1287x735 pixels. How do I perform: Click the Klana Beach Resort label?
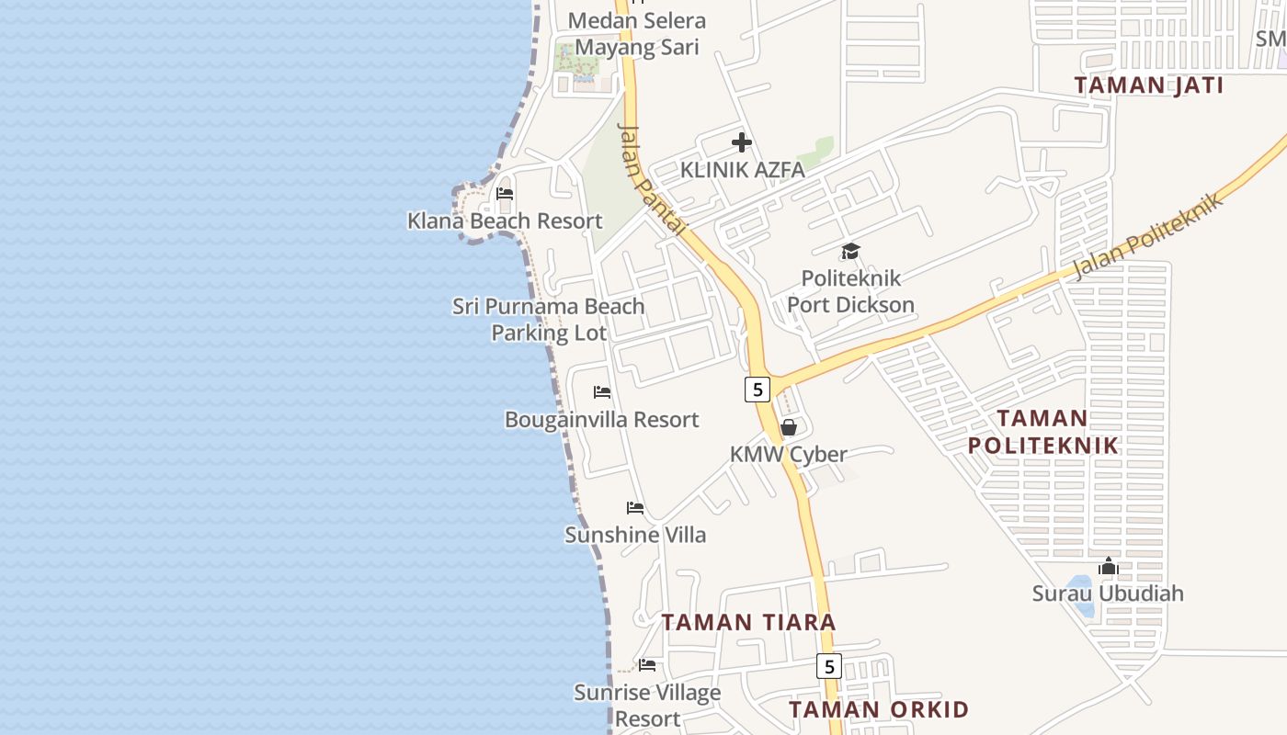505,220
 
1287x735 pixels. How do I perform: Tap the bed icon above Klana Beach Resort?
505,194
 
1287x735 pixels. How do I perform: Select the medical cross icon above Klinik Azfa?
742,142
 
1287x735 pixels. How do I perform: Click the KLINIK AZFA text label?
742,170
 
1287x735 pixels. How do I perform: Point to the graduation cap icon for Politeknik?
850,251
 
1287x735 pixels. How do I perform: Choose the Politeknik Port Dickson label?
850,291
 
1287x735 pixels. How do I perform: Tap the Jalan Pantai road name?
654,180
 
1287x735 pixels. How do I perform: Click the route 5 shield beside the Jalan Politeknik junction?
757,389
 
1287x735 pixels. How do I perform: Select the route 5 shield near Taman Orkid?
829,666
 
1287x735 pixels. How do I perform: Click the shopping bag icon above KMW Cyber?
789,427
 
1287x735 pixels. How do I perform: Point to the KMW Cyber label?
789,454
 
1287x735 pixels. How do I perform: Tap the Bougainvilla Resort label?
602,420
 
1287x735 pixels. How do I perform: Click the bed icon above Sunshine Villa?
635,508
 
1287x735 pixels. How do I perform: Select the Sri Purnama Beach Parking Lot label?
549,319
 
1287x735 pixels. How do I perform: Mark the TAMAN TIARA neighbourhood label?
748,622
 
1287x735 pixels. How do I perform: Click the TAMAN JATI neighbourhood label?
1149,85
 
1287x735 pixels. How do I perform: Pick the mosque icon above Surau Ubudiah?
1108,566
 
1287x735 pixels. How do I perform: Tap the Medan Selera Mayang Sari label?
636,34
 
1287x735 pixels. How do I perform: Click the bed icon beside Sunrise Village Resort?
647,665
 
